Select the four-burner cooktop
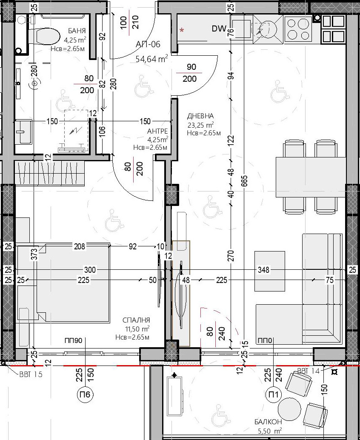pyautogui.click(x=298, y=29)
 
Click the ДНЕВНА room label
pyautogui.click(x=200, y=116)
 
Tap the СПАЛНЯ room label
pyautogui.click(x=136, y=320)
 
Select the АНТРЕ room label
pyautogui.click(x=157, y=131)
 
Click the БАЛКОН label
pyautogui.click(x=268, y=422)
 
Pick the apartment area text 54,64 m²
pyautogui.click(x=152, y=59)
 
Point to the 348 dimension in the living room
pyautogui.click(x=264, y=270)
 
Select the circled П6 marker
pyautogui.click(x=85, y=394)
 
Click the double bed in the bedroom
pyautogui.click(x=63, y=282)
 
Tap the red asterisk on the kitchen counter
pyautogui.click(x=183, y=29)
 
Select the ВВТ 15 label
pyautogui.click(x=31, y=374)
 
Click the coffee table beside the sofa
pyautogui.click(x=270, y=271)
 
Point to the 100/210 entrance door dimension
pyautogui.click(x=129, y=23)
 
